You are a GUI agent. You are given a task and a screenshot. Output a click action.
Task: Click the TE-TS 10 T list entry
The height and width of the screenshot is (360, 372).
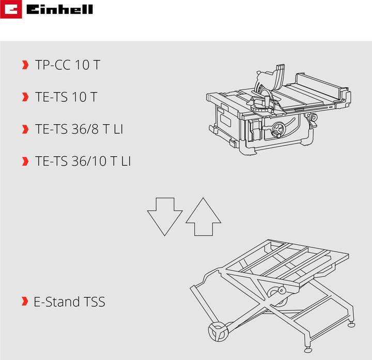tap(66, 97)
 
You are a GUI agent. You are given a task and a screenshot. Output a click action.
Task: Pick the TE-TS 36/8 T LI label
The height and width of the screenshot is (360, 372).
tap(79, 129)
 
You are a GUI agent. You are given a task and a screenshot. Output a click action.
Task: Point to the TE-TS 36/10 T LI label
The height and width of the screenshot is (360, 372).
tap(83, 161)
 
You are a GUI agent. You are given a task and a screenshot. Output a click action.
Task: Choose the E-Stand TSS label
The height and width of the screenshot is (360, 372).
tap(69, 302)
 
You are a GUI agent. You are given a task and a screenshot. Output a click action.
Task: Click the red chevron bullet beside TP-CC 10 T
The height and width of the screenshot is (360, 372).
tap(25, 65)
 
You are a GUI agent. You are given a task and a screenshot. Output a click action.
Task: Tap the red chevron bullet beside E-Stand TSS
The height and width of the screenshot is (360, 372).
tap(25, 302)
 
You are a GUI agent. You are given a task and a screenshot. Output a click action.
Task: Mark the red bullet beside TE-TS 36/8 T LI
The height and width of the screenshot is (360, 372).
tap(25, 129)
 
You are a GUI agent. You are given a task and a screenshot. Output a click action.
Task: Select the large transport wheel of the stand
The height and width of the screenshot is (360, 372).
tap(219, 331)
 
